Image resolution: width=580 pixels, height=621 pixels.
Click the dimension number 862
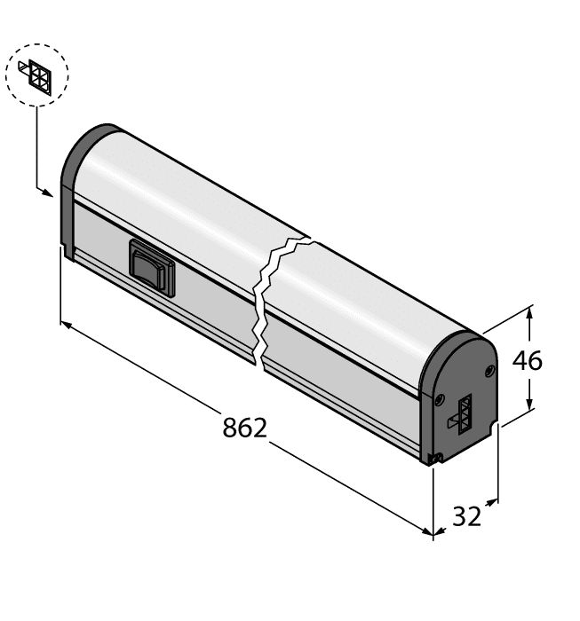tap(244, 428)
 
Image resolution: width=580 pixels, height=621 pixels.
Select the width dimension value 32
tap(466, 516)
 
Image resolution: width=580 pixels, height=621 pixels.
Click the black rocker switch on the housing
tap(151, 267)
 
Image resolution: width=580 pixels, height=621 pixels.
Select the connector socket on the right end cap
tap(464, 413)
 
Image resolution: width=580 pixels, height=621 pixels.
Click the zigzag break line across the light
tap(265, 297)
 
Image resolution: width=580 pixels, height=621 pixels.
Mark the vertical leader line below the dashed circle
tap(37, 146)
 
